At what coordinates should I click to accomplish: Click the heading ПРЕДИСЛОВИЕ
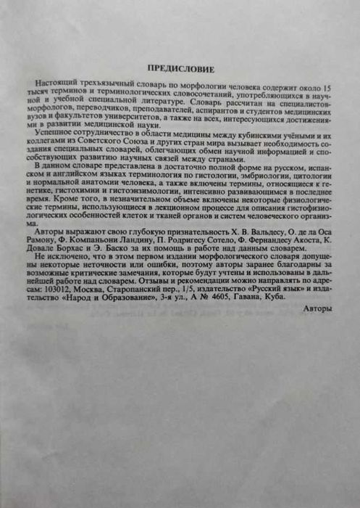(x=180, y=68)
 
